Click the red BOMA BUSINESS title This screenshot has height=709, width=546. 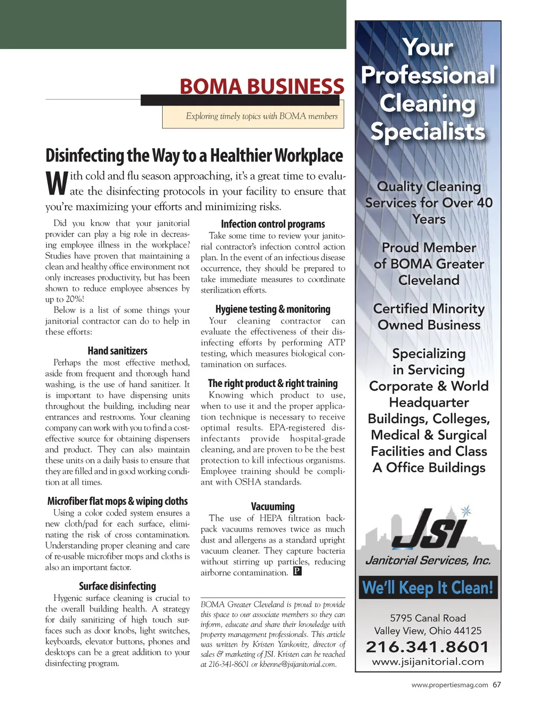click(x=262, y=86)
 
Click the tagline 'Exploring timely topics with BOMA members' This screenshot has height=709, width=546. click(x=261, y=116)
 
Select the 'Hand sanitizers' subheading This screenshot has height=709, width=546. click(x=117, y=351)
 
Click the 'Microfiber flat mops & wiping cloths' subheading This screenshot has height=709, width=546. click(x=117, y=501)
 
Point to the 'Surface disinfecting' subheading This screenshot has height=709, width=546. click(x=117, y=586)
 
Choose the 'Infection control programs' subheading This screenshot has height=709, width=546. click(x=273, y=224)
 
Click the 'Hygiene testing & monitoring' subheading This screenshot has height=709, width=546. click(x=273, y=309)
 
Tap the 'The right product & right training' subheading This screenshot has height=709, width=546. click(x=273, y=383)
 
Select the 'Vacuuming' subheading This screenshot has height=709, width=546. click(x=273, y=506)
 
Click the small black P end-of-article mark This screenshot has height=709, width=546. click(x=298, y=571)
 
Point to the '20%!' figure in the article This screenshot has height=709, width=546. click(x=75, y=299)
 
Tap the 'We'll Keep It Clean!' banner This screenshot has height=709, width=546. click(x=428, y=588)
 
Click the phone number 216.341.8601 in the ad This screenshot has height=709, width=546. click(x=428, y=647)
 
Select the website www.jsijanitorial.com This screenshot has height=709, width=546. click(x=428, y=662)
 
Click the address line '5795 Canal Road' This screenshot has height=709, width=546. click(x=428, y=618)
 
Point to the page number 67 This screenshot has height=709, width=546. click(x=497, y=685)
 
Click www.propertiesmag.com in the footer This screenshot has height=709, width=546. click(x=449, y=685)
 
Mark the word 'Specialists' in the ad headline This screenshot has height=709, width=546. click(x=428, y=131)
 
